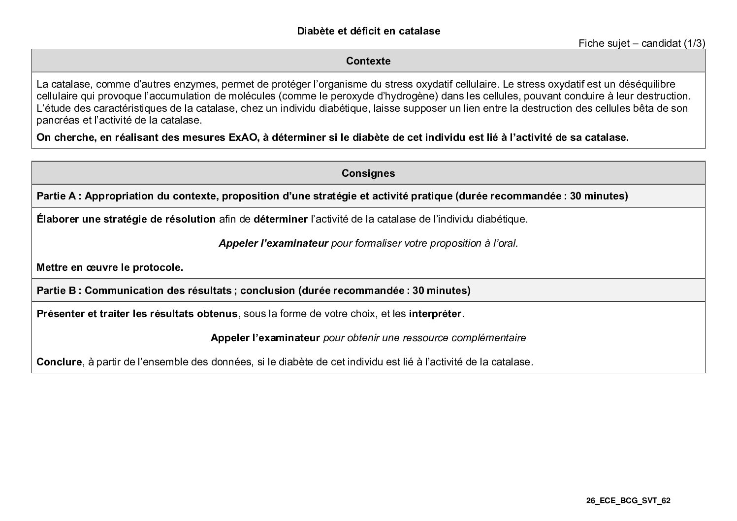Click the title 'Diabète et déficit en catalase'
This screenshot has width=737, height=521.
tap(368, 31)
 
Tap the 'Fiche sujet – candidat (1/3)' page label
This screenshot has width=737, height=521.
tap(641, 43)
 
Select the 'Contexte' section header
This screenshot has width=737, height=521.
tap(368, 61)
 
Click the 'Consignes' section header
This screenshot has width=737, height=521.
tap(368, 173)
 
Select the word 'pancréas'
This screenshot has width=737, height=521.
tap(55, 120)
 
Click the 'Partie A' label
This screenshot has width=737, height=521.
tap(56, 196)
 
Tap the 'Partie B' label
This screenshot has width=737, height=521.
tap(56, 291)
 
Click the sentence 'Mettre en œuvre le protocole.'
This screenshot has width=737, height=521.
tap(110, 268)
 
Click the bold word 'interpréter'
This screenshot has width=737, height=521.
tap(435, 314)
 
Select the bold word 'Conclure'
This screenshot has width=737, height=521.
tap(59, 362)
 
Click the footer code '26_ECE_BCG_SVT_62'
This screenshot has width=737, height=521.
tap(628, 501)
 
